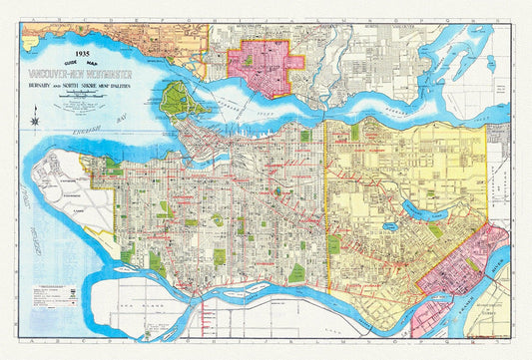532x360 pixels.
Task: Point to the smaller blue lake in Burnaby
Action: [x=389, y=227]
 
